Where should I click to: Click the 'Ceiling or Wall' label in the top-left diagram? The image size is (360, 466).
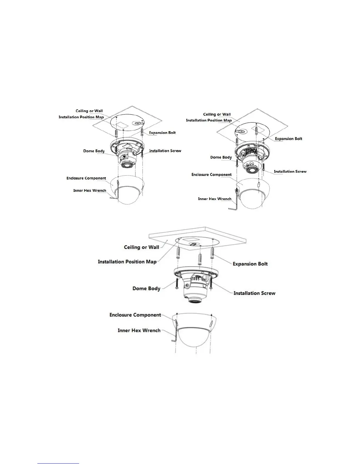(89, 111)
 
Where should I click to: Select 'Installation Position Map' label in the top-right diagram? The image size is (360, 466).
(209, 120)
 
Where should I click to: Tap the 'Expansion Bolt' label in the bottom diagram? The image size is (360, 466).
(250, 264)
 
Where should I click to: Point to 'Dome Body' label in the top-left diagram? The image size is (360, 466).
(94, 151)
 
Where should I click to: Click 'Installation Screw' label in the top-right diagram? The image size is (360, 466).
(290, 172)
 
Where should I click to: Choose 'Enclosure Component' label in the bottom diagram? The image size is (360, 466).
(135, 315)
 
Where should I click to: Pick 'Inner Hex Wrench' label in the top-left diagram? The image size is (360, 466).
(89, 191)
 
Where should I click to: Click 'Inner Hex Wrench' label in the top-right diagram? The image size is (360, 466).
(214, 199)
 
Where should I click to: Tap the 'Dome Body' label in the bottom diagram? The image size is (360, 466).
(146, 288)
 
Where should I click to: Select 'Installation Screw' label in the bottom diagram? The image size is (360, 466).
(254, 293)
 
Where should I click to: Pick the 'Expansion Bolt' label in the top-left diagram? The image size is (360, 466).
(162, 133)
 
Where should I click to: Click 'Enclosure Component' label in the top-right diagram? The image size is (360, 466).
(211, 175)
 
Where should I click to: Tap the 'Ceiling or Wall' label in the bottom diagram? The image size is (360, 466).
(141, 247)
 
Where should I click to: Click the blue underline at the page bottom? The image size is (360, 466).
(59, 463)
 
